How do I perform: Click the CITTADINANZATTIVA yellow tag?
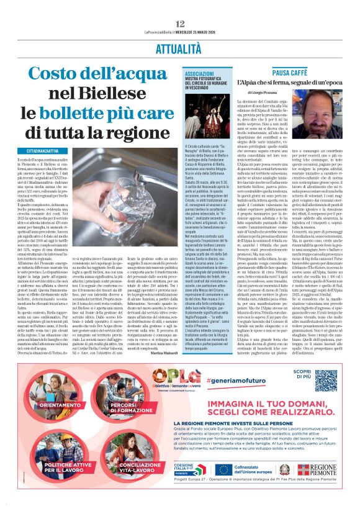[x=43, y=151]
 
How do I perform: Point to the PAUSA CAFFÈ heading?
[x=287, y=73]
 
